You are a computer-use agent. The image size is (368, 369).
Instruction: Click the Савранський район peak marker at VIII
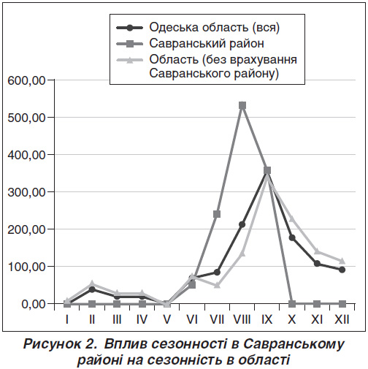242,106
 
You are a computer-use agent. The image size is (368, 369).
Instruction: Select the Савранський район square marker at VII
217,214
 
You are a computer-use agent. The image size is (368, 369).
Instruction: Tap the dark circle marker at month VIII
242,224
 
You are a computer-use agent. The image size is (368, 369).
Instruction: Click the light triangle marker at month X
292,218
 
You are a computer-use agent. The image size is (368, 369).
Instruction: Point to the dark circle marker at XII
342,270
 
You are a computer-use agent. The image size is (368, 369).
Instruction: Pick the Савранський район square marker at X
292,304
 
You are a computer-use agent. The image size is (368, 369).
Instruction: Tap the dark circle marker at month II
92,289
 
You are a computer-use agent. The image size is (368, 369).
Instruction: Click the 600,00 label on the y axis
26,80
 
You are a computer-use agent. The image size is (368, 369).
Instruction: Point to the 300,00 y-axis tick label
26,192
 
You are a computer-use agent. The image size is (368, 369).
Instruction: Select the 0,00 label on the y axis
34,304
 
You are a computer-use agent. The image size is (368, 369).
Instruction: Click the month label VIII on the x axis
242,319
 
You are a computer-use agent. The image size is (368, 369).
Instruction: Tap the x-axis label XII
342,319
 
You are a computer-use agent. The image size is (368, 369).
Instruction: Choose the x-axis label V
166,319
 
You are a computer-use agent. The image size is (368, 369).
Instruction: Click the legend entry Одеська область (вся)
215,28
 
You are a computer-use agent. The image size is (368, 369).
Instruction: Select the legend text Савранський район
207,43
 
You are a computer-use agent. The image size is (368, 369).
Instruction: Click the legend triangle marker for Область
129,60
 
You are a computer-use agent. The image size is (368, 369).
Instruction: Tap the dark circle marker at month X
292,237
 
